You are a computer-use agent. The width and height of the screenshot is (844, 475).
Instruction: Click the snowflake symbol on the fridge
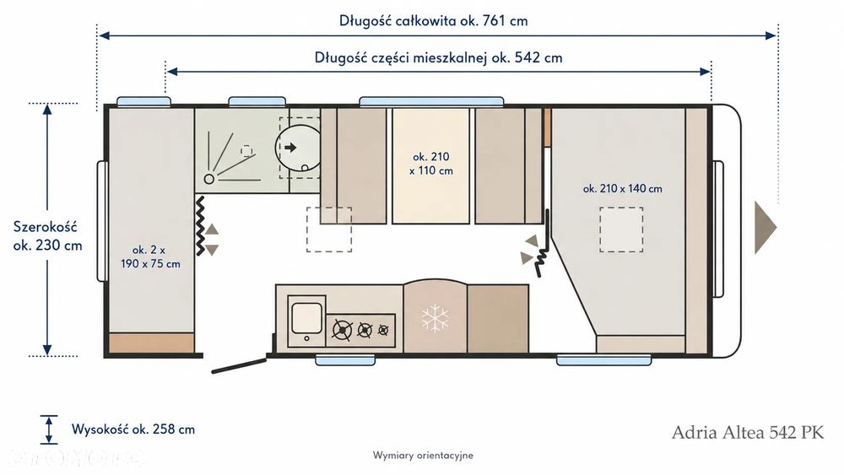pos(435,318)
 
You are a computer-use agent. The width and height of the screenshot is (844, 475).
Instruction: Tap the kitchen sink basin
pos(307,318)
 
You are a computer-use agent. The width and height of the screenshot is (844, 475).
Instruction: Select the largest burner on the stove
pos(343,330)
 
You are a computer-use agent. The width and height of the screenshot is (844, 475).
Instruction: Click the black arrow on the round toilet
pos(290,148)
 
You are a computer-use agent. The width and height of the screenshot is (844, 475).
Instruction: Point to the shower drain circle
pos(208,179)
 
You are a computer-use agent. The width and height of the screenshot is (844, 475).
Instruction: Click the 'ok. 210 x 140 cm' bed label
pos(622,189)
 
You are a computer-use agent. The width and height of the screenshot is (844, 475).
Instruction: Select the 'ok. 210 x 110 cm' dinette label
pos(431,164)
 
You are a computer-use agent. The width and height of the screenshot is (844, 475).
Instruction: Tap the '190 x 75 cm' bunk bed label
pos(150,263)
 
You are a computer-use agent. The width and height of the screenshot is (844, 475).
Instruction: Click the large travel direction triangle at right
pos(765,227)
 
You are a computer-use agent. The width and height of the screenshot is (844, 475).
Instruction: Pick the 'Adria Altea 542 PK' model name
pos(748,432)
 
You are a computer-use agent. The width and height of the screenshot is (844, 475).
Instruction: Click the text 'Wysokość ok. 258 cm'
pos(133,429)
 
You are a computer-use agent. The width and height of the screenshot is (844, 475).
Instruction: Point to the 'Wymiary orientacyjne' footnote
pos(423,455)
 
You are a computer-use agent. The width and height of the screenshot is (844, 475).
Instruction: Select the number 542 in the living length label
pos(528,57)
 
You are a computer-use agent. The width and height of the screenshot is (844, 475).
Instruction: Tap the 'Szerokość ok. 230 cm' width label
pos(47,235)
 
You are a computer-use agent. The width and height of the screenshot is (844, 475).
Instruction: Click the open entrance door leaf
pos(240,364)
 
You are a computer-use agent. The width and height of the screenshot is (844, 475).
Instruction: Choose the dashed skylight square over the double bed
pos(621,229)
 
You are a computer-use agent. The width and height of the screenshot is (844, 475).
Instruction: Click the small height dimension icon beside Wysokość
pos(49,429)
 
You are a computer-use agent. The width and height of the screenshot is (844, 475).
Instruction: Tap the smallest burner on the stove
pos(383,330)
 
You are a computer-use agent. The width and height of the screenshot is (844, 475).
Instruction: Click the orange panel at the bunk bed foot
pos(152,343)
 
